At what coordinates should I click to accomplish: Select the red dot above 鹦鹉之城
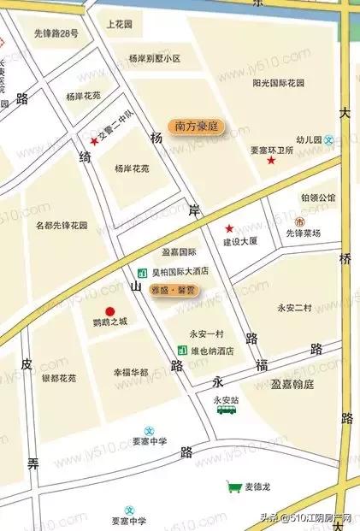109,311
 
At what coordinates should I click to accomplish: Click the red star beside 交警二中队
94,141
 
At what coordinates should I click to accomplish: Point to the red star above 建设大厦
228,228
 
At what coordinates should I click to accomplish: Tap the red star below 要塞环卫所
272,160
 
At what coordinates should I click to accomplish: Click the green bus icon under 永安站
227,410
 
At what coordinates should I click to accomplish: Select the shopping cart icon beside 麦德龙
233,487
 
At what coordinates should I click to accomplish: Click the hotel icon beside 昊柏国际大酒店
142,273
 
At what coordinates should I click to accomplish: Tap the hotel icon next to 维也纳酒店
181,351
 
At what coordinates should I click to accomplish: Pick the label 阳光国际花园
279,84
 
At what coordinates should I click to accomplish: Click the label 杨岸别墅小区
155,59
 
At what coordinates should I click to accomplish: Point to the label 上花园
121,26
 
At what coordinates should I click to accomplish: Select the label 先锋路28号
56,34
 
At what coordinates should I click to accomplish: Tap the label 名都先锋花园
62,226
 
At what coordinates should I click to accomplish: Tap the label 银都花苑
59,377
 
